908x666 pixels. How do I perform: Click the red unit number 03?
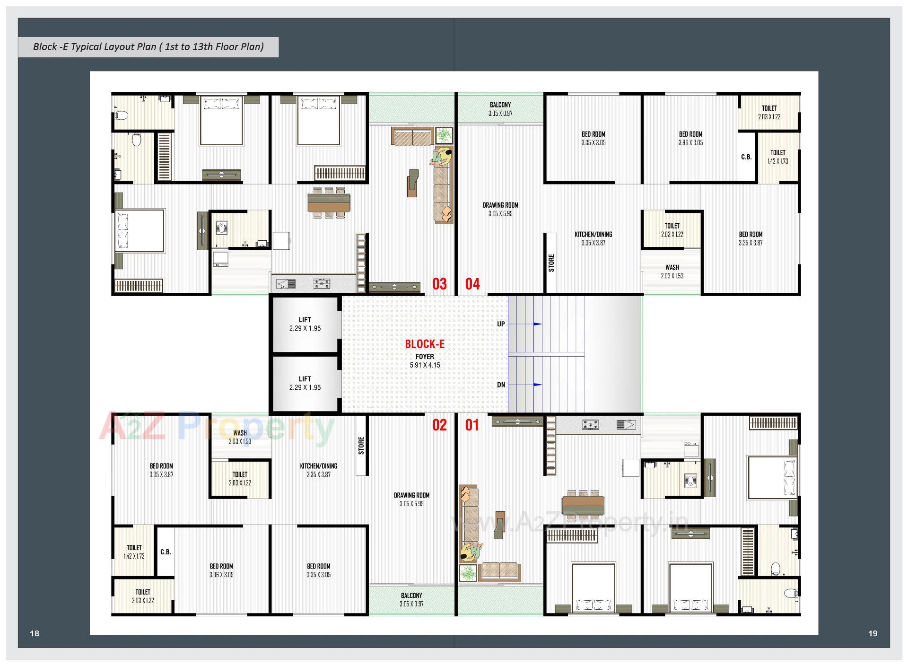pyautogui.click(x=439, y=284)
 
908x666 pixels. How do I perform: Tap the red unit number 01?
pyautogui.click(x=472, y=425)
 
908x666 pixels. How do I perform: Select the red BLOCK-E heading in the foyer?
pyautogui.click(x=425, y=344)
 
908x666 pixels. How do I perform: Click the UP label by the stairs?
pyautogui.click(x=501, y=324)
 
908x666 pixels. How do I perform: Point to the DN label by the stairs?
pyautogui.click(x=501, y=385)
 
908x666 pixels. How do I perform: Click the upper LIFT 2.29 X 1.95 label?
pyautogui.click(x=305, y=324)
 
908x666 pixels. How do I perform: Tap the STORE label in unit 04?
pyautogui.click(x=551, y=263)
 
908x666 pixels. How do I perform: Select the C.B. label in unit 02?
pyautogui.click(x=166, y=552)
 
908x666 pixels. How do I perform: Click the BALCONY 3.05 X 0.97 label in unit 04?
pyautogui.click(x=500, y=109)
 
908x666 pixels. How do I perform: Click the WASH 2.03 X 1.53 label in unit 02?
pyautogui.click(x=240, y=437)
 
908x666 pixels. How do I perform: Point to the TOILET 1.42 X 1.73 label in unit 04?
pyautogui.click(x=777, y=157)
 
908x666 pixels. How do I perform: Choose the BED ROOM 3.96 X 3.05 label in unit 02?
pyautogui.click(x=221, y=570)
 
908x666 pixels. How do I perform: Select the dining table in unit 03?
pyautogui.click(x=329, y=202)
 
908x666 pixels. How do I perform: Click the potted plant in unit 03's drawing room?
pyautogui.click(x=444, y=135)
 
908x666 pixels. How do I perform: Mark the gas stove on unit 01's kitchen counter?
pyautogui.click(x=590, y=425)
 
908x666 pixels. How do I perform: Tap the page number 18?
pyautogui.click(x=35, y=633)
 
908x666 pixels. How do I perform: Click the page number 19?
pyautogui.click(x=873, y=633)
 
